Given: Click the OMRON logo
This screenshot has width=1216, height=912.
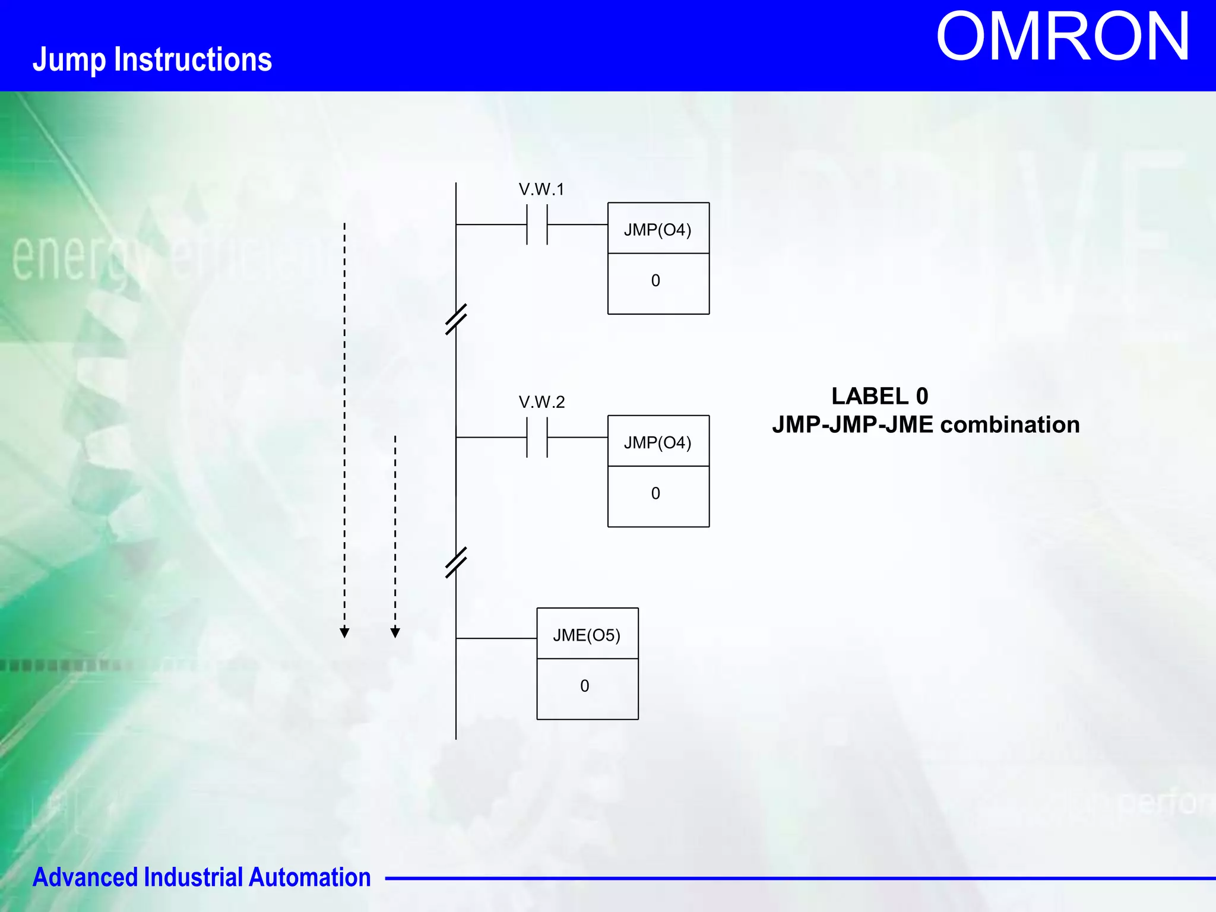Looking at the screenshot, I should point(1062,37).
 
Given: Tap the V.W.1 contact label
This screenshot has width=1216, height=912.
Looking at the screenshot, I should point(541,189).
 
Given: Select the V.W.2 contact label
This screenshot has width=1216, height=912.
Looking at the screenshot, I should point(541,402).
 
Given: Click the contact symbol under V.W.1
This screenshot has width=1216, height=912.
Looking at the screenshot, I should point(537,224).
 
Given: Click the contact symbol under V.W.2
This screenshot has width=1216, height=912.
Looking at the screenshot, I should point(537,438).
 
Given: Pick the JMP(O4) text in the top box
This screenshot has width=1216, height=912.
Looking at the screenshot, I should point(657,230).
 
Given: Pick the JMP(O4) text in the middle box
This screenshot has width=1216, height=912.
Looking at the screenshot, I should point(657,442).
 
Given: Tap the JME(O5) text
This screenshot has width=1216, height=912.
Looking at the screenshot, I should point(587,635).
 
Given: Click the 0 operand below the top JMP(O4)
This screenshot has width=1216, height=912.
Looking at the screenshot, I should point(655,281).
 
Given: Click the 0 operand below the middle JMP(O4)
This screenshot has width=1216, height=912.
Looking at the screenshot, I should point(655,493).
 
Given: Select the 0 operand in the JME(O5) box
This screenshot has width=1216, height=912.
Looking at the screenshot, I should point(585,686).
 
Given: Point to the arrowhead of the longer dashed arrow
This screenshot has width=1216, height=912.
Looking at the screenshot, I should point(344,632).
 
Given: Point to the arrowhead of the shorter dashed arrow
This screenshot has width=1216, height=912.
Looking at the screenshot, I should point(395,632).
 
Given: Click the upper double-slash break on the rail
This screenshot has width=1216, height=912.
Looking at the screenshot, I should point(456,319).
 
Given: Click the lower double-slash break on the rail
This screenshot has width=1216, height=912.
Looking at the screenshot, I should point(456,562).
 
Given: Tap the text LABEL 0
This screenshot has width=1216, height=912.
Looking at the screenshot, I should point(879,396).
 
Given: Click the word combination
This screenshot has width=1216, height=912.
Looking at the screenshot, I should point(1010,425).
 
